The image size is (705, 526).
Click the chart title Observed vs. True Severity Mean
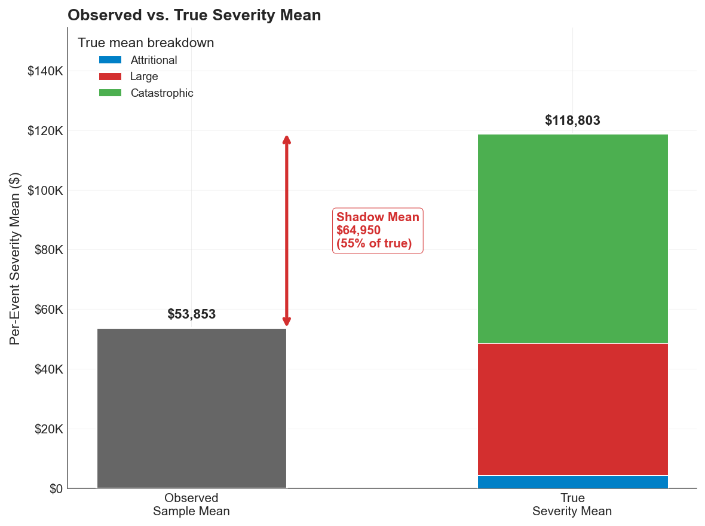coord(194,16)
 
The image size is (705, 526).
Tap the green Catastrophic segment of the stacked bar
coord(572,238)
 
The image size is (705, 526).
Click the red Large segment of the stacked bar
coord(572,409)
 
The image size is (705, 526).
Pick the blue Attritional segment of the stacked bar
coord(572,482)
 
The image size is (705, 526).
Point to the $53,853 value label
coord(191,314)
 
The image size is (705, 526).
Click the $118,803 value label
coord(572,121)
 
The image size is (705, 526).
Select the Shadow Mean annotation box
coord(378,231)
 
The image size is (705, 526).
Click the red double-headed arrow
coord(287,231)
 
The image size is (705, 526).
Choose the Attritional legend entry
coord(154,60)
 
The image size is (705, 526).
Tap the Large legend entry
coord(144,77)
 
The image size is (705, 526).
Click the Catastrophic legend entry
coord(162,93)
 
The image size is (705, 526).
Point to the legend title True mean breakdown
coord(146,43)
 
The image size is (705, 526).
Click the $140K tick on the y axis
coord(45,72)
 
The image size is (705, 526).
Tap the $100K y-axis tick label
coord(45,191)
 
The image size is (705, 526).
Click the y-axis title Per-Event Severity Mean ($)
coord(16,258)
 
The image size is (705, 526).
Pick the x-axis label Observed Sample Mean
coord(191,504)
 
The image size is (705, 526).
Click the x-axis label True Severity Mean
coord(572,504)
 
